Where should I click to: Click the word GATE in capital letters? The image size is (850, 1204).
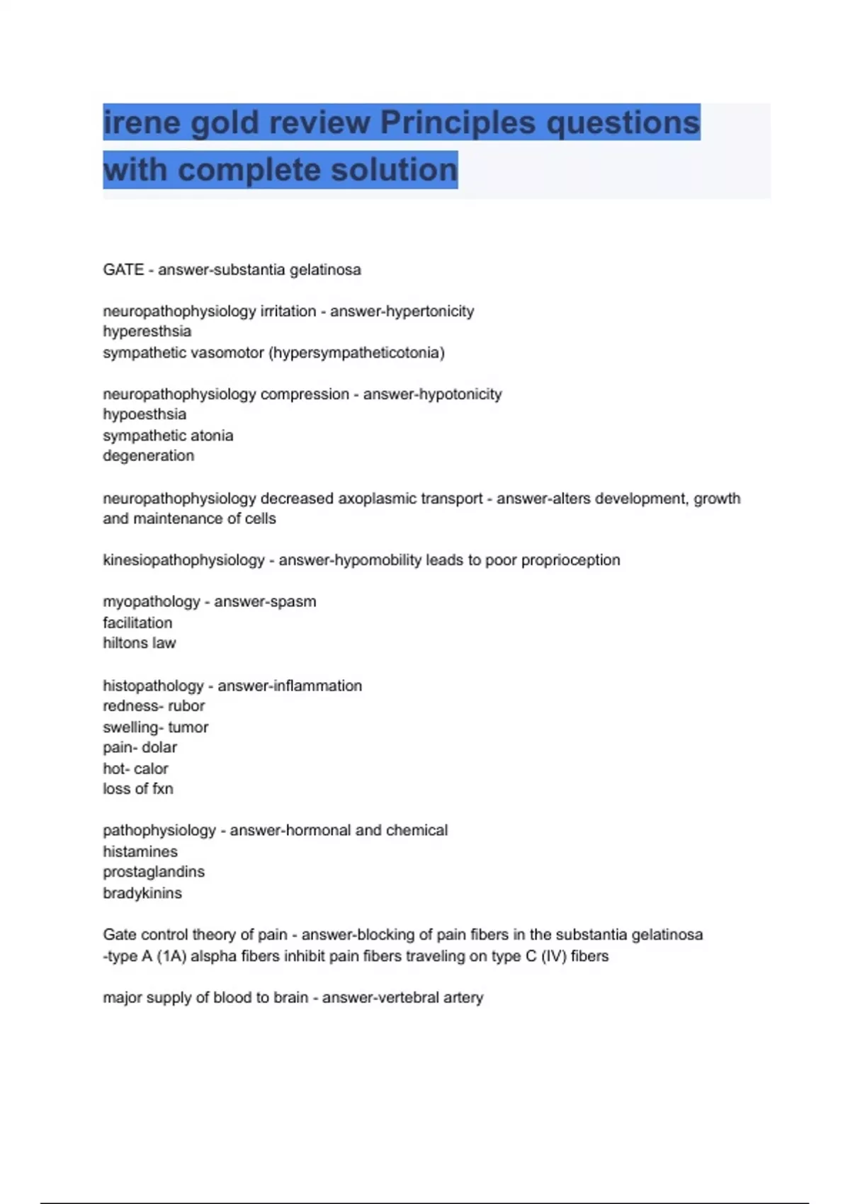pos(123,270)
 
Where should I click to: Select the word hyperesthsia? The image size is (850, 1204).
pos(147,331)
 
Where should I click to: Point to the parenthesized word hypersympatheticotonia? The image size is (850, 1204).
pos(357,353)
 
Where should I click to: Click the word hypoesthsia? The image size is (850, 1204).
pos(144,414)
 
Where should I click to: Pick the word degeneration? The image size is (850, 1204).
pos(148,456)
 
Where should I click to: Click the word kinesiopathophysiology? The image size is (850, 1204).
pos(183,560)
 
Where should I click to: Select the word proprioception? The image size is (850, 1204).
pos(570,560)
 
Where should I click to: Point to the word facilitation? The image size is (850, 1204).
pos(137,623)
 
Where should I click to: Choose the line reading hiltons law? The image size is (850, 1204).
pos(140,644)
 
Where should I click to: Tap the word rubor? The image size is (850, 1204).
pos(186,706)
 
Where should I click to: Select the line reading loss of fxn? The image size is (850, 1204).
pos(138,789)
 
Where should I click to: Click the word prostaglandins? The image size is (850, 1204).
pos(154,872)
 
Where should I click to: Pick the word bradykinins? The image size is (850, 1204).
pos(142,893)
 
